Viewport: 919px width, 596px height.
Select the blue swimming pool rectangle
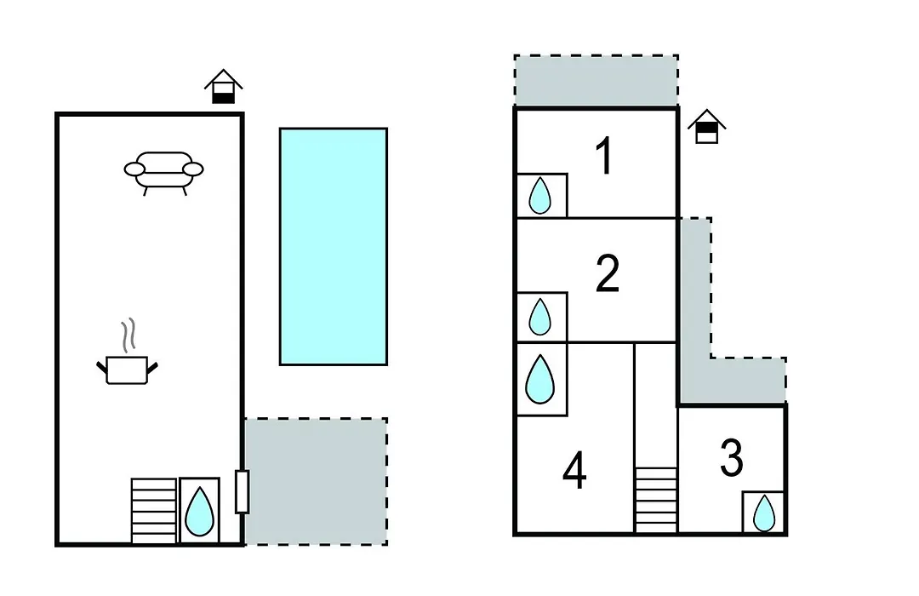click(334, 246)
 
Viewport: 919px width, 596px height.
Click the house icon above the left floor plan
click(223, 86)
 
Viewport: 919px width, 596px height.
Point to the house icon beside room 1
click(707, 126)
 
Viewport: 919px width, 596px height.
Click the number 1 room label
click(604, 156)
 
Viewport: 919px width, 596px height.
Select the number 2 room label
click(608, 273)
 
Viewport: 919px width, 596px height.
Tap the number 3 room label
click(732, 457)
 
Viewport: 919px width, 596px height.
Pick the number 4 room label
click(574, 472)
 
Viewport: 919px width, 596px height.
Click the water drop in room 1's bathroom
click(539, 195)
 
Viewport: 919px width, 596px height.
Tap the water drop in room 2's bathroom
click(539, 317)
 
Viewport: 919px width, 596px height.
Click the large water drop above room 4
click(539, 379)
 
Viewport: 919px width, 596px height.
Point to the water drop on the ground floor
click(199, 511)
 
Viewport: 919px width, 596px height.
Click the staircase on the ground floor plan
click(153, 511)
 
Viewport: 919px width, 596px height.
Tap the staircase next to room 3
click(656, 500)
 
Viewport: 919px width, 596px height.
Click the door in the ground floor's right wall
click(242, 491)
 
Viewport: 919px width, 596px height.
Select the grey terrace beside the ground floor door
click(316, 482)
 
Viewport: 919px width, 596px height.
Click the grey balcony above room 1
click(596, 81)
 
